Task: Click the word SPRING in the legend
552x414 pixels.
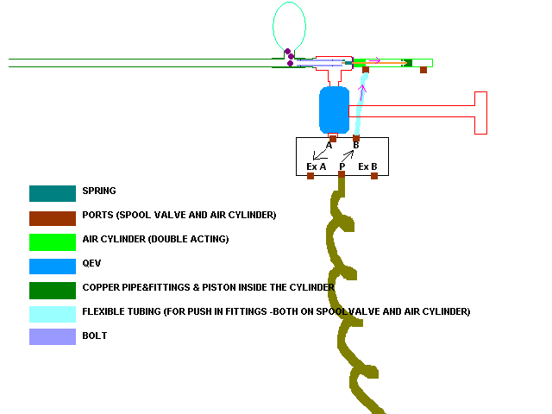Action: click(x=99, y=191)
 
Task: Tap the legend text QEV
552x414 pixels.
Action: click(x=91, y=263)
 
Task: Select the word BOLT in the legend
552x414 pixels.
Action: click(x=94, y=336)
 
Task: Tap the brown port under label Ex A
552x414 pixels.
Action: click(x=310, y=176)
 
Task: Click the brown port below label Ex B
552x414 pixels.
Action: click(x=374, y=176)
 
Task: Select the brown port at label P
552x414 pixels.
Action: click(x=342, y=175)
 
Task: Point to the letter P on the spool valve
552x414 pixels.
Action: click(x=342, y=166)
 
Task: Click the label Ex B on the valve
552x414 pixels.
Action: click(x=368, y=166)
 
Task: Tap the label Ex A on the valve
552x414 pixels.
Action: click(x=317, y=166)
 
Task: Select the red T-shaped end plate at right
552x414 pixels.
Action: click(x=480, y=112)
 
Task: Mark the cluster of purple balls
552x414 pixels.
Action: click(x=291, y=58)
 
